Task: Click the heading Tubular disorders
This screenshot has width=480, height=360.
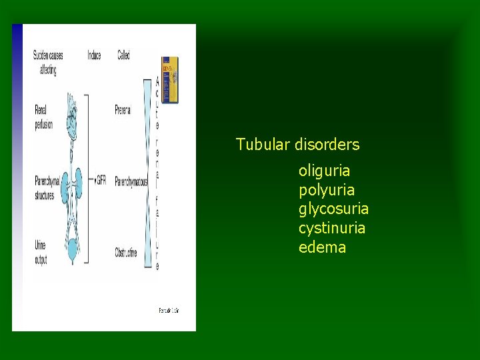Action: pyautogui.click(x=297, y=145)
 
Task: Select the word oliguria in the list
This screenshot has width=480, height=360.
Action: pyautogui.click(x=324, y=171)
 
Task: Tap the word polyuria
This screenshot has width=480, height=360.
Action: pyautogui.click(x=327, y=190)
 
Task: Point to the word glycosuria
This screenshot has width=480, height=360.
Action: pyautogui.click(x=333, y=209)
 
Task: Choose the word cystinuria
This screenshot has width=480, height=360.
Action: pyautogui.click(x=332, y=229)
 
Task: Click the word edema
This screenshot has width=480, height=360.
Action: pyautogui.click(x=322, y=248)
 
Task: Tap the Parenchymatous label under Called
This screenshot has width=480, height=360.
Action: pyautogui.click(x=131, y=181)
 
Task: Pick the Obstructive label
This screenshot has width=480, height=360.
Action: pyautogui.click(x=126, y=253)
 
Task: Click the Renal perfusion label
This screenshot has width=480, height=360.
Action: pyautogui.click(x=43, y=115)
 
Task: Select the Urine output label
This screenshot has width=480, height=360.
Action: pyautogui.click(x=41, y=252)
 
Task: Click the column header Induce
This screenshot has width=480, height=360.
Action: pyautogui.click(x=94, y=55)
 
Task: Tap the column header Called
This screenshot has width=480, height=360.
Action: pyautogui.click(x=124, y=55)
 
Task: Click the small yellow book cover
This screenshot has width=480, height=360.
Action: pyautogui.click(x=170, y=79)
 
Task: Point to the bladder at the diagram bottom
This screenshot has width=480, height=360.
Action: pyautogui.click(x=72, y=251)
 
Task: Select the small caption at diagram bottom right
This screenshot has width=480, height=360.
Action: pyautogui.click(x=169, y=310)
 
